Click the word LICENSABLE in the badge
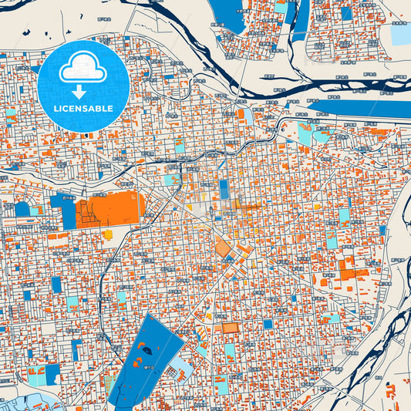[x=83, y=108]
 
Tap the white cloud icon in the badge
[x=83, y=68]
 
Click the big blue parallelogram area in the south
[x=146, y=355]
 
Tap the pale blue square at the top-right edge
[x=401, y=35]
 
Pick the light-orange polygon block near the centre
[x=224, y=248]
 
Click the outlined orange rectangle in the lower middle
[x=230, y=328]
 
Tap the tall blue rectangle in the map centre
[x=224, y=190]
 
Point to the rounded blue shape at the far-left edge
[x=22, y=209]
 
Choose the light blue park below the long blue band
[x=305, y=133]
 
